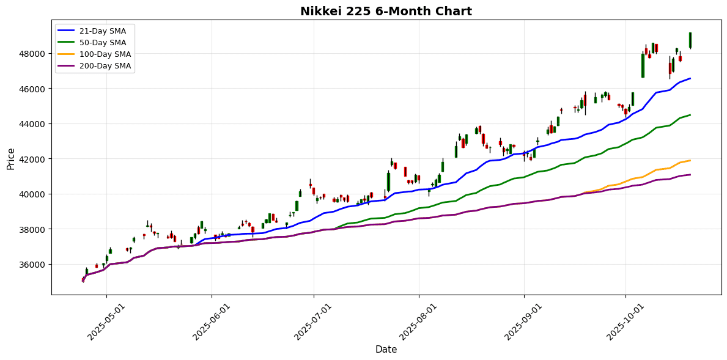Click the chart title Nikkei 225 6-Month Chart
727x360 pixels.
pyautogui.click(x=386, y=11)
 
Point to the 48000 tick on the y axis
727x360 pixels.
pyautogui.click(x=32, y=54)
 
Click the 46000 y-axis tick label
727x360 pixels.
pyautogui.click(x=32, y=89)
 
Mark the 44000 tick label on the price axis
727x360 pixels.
pyautogui.click(x=32, y=124)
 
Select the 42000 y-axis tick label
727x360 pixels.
pyautogui.click(x=32, y=159)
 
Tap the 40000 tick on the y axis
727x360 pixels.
pyautogui.click(x=32, y=194)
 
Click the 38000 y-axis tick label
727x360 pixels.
pyautogui.click(x=32, y=229)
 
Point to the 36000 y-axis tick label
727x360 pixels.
pyautogui.click(x=32, y=265)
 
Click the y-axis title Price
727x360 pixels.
pyautogui.click(x=10, y=158)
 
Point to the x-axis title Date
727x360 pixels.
pyautogui.click(x=386, y=350)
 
